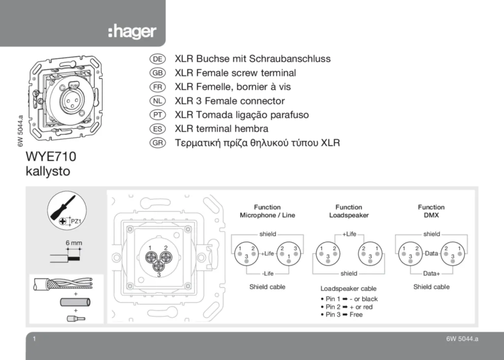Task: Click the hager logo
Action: (x=132, y=32)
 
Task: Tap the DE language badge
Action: (x=157, y=59)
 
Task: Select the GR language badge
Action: (x=157, y=143)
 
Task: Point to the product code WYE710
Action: (x=51, y=156)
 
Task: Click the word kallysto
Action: (x=48, y=171)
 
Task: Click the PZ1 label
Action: (x=76, y=221)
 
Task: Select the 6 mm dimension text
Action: (x=74, y=243)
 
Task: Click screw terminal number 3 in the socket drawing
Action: (x=158, y=266)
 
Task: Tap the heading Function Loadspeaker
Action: (x=349, y=211)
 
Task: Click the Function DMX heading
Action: (x=431, y=211)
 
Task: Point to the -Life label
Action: (x=268, y=273)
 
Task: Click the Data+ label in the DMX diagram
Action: (x=431, y=273)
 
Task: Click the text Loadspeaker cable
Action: (x=348, y=288)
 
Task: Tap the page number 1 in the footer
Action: (x=34, y=339)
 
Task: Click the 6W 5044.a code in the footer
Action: (x=462, y=339)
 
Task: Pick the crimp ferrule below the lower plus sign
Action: (x=76, y=319)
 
